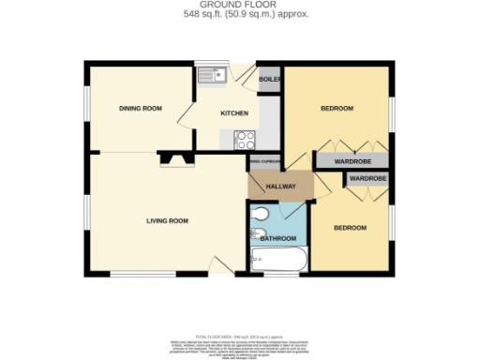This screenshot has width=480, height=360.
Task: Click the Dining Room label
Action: (141, 109)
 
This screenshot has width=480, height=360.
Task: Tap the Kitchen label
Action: (234, 113)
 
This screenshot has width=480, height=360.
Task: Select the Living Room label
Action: (167, 221)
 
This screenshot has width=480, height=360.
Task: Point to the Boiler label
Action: (270, 80)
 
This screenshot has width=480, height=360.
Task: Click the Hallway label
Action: (280, 187)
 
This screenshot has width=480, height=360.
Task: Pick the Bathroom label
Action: (277, 238)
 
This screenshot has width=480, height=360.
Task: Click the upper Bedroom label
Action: (337, 109)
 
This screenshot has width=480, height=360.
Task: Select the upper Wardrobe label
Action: (351, 161)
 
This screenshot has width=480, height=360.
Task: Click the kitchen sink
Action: (213, 73)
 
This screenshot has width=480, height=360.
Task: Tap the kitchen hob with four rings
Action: (246, 141)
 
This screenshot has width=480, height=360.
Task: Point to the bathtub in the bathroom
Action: (277, 260)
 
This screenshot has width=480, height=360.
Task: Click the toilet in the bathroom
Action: (261, 232)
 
